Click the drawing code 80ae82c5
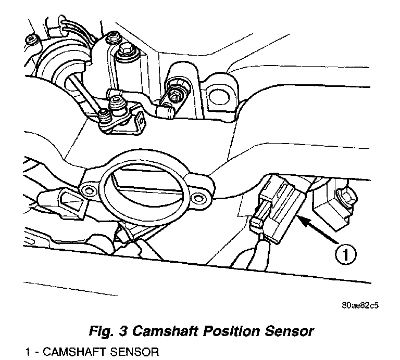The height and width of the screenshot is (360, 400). click(360, 305)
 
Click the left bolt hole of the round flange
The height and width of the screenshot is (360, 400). click(89, 188)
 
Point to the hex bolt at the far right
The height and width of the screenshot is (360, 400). click(346, 197)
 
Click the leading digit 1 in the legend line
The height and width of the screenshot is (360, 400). click(27, 352)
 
